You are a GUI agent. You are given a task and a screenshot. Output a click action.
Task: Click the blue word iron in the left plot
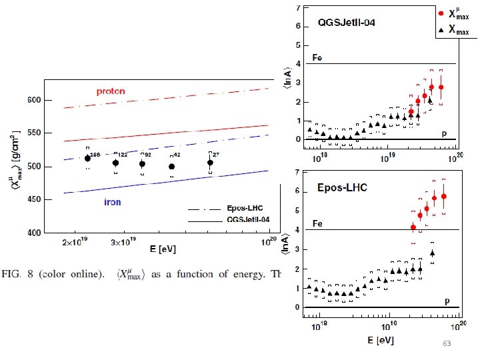pos(112,202)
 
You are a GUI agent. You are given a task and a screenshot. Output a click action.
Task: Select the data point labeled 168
pos(87,159)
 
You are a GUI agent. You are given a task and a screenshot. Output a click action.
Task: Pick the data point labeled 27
pos(211,163)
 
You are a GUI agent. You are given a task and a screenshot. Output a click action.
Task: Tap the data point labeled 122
pos(116,163)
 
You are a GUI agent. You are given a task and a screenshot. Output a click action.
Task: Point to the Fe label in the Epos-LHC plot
pos(319,224)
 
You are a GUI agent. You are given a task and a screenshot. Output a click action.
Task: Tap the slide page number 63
pos(447,343)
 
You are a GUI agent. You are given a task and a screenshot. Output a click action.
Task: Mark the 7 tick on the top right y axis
pos(298,8)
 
